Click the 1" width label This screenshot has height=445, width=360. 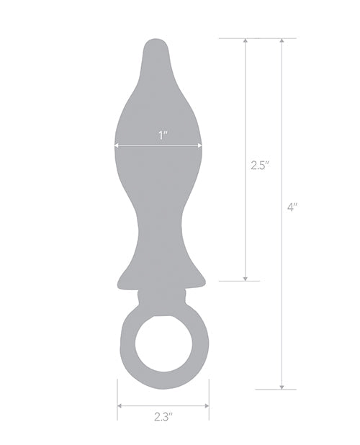coord(162,135)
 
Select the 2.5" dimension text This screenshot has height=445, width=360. coord(260,165)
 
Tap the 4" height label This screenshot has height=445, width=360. coord(292,207)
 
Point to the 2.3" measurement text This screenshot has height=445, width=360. coord(163,415)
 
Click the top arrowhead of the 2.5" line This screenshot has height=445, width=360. coord(246,41)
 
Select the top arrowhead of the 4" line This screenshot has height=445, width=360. coord(282,41)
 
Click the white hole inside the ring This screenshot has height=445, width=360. coord(163,344)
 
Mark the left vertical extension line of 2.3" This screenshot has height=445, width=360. coord(117,400)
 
